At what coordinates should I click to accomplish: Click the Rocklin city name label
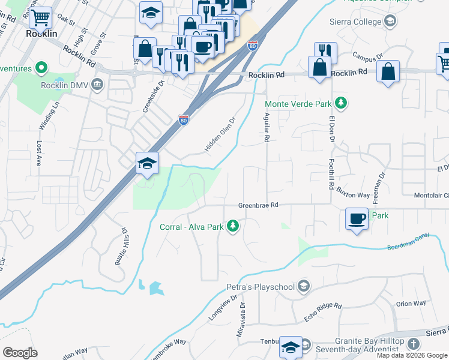[41, 34]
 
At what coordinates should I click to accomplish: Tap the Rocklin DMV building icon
[97, 84]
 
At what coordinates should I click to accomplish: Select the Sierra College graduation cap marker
[391, 22]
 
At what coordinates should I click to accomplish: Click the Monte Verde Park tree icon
[341, 103]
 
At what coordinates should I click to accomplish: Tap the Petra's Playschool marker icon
[304, 286]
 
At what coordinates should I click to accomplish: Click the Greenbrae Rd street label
[258, 205]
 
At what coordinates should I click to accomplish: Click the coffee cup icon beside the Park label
[357, 217]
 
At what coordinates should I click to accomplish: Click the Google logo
[19, 353]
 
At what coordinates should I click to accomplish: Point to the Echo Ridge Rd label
[322, 313]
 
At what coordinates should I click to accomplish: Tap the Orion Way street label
[411, 304]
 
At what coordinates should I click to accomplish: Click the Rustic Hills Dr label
[121, 247]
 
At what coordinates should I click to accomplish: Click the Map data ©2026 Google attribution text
[412, 355]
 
